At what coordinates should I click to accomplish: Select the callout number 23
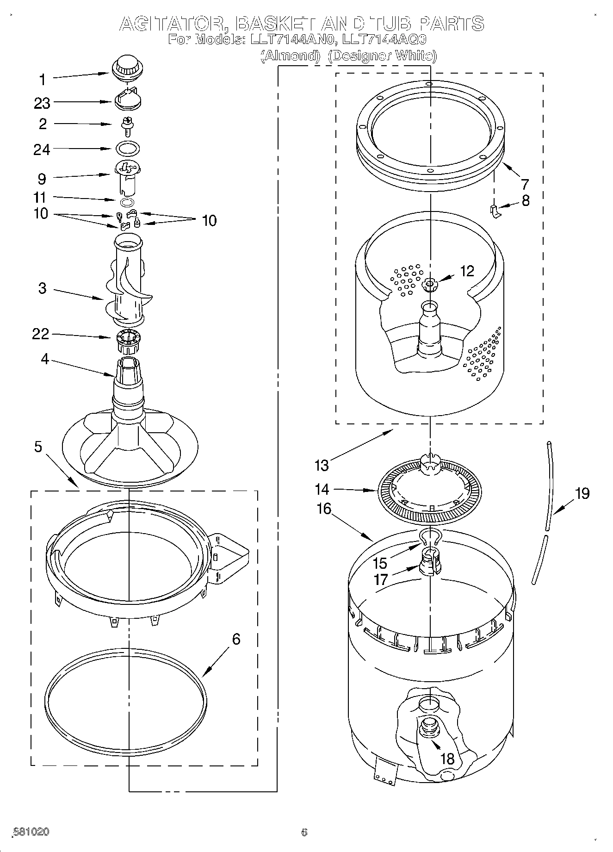42,103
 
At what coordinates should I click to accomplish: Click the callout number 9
42,179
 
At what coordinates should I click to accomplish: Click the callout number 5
38,447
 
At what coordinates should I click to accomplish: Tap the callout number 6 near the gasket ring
236,639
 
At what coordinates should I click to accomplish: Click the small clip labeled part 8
495,211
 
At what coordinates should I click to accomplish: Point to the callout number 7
524,184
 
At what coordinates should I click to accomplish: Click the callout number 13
321,465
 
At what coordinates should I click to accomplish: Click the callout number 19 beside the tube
582,493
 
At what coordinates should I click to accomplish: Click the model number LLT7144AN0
291,40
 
